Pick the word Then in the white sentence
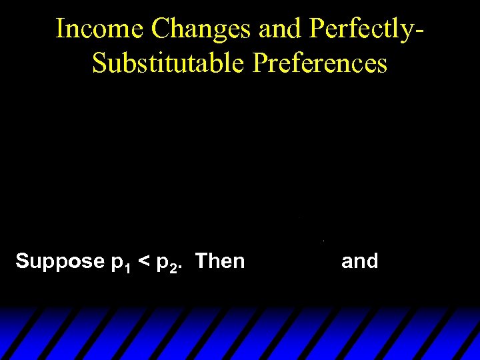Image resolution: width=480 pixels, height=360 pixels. (x=221, y=261)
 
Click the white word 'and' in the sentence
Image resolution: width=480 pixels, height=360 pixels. (x=359, y=261)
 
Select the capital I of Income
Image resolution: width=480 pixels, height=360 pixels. (x=60, y=29)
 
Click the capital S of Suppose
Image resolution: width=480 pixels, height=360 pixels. (x=21, y=261)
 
